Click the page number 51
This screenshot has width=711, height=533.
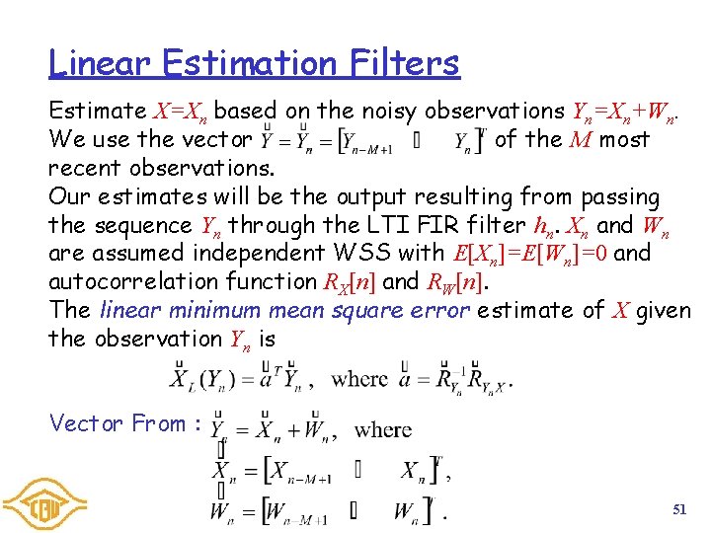[678, 509]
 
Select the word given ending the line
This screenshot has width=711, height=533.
[664, 310]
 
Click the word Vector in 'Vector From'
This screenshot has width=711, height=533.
[86, 423]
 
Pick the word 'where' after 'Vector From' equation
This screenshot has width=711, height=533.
[382, 430]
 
